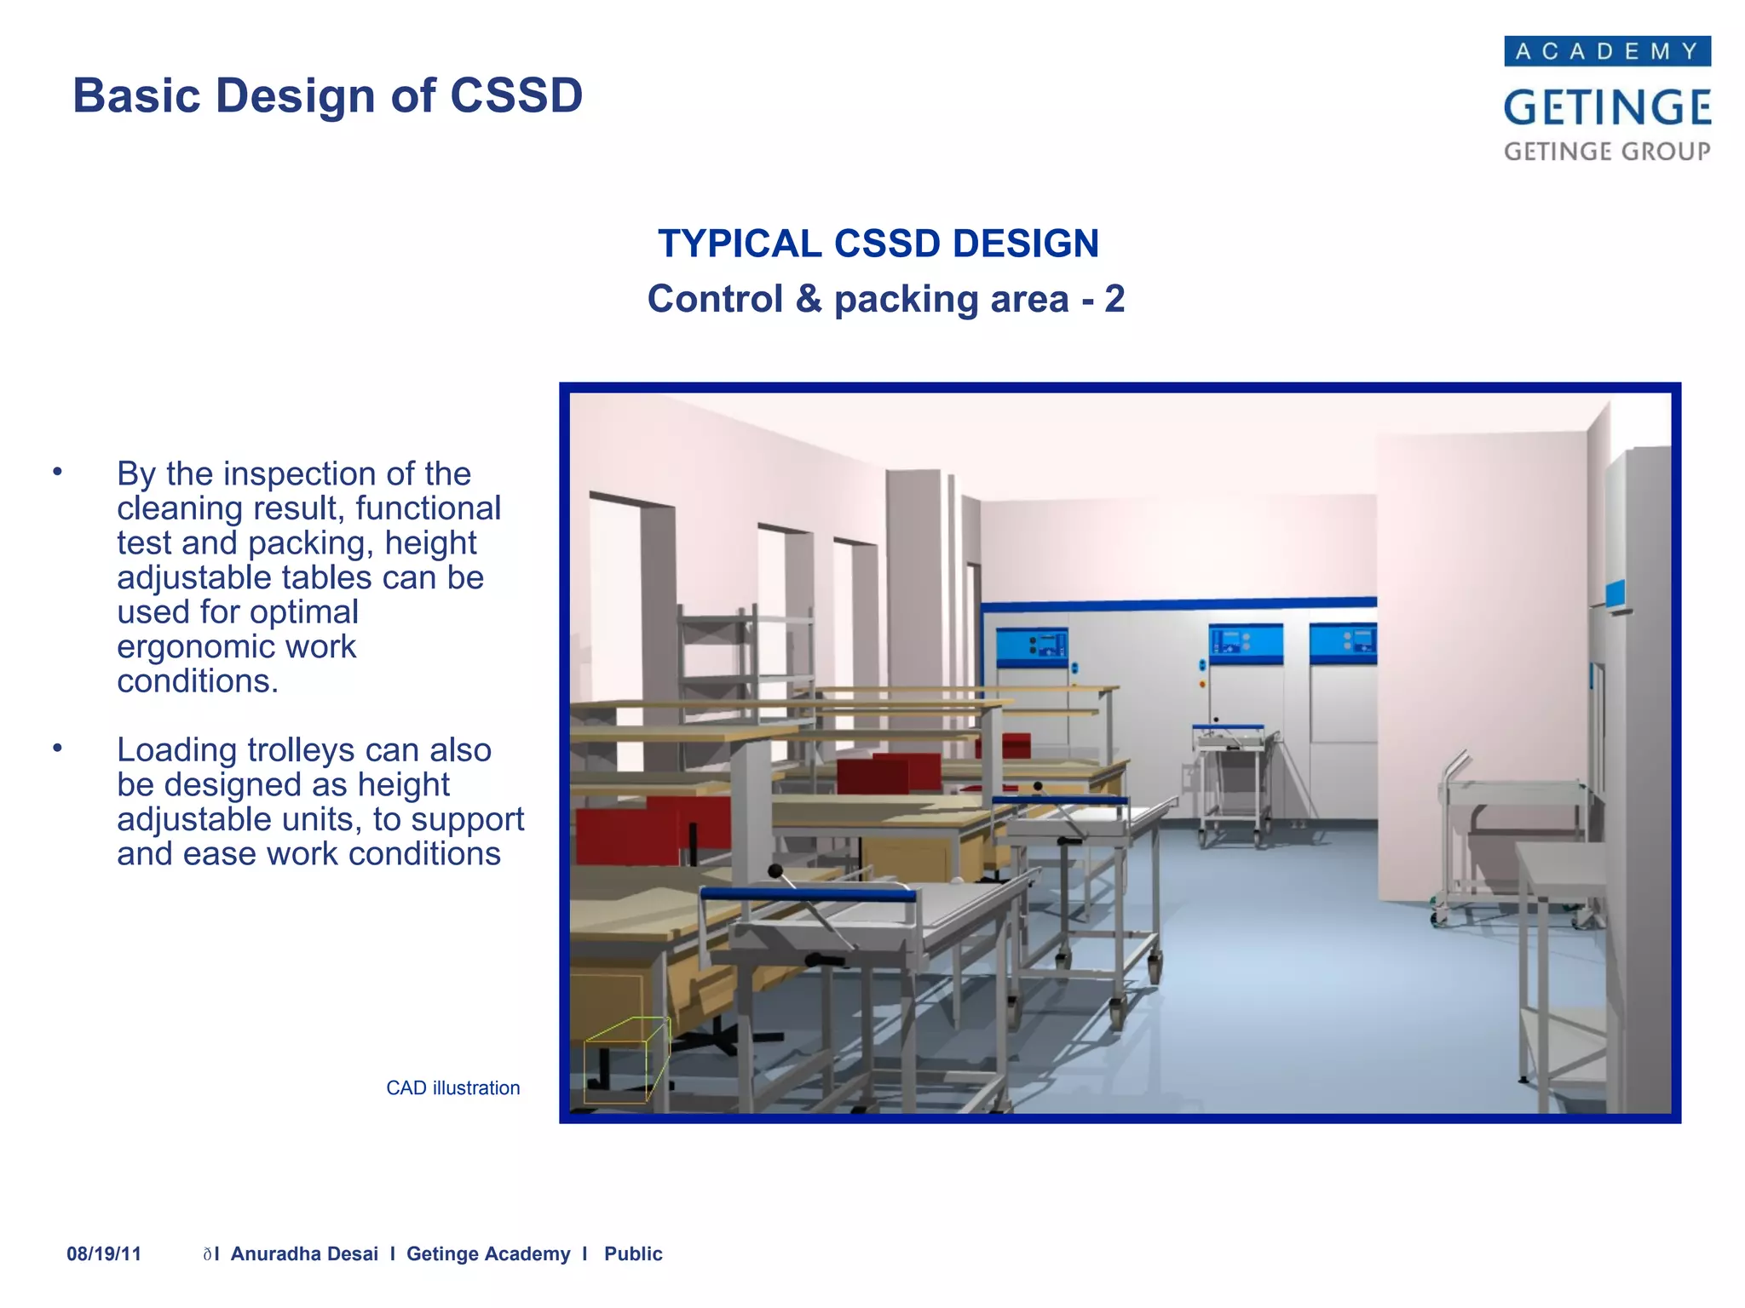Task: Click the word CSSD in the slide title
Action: [x=515, y=95]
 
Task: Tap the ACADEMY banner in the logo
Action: [x=1607, y=51]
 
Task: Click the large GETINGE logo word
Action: [x=1607, y=107]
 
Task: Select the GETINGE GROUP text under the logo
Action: [x=1607, y=152]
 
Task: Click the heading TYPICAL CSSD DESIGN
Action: [x=878, y=244]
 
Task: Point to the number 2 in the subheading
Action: [x=1114, y=299]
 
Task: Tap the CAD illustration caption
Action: [x=452, y=1088]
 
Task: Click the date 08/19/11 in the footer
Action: [x=104, y=1253]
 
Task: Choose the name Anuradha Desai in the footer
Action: [x=304, y=1253]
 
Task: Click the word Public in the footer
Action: [x=633, y=1253]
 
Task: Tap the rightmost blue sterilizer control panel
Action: [x=1343, y=643]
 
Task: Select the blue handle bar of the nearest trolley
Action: [x=807, y=894]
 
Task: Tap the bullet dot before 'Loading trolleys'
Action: [x=57, y=749]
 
